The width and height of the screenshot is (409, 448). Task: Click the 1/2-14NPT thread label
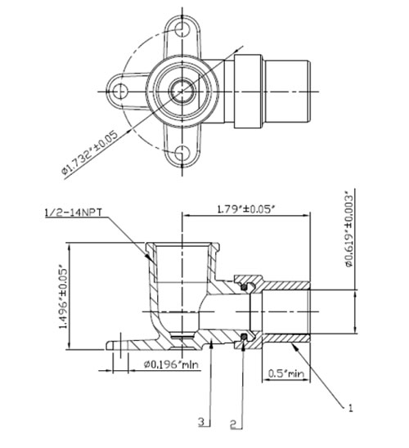click(x=74, y=213)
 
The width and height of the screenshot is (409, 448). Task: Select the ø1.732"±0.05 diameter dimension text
click(x=90, y=153)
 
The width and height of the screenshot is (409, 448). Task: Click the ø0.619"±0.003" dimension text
click(x=349, y=231)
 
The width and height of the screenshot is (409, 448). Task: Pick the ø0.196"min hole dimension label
click(x=171, y=365)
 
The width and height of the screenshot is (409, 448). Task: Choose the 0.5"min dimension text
click(x=286, y=373)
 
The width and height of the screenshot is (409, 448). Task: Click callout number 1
click(x=350, y=408)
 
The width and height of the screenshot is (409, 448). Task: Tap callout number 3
click(x=202, y=422)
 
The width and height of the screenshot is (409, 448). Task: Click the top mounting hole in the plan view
click(x=182, y=29)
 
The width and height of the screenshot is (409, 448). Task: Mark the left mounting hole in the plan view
click(x=120, y=92)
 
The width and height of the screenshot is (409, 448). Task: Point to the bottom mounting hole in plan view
click(x=182, y=153)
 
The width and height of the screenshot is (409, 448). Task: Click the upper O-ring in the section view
click(x=244, y=287)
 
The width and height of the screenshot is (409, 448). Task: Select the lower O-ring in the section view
click(x=244, y=338)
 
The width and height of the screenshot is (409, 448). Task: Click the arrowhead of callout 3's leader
click(x=211, y=344)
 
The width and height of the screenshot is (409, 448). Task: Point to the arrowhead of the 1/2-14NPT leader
click(x=151, y=258)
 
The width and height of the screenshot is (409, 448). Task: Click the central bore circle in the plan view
click(x=182, y=92)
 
